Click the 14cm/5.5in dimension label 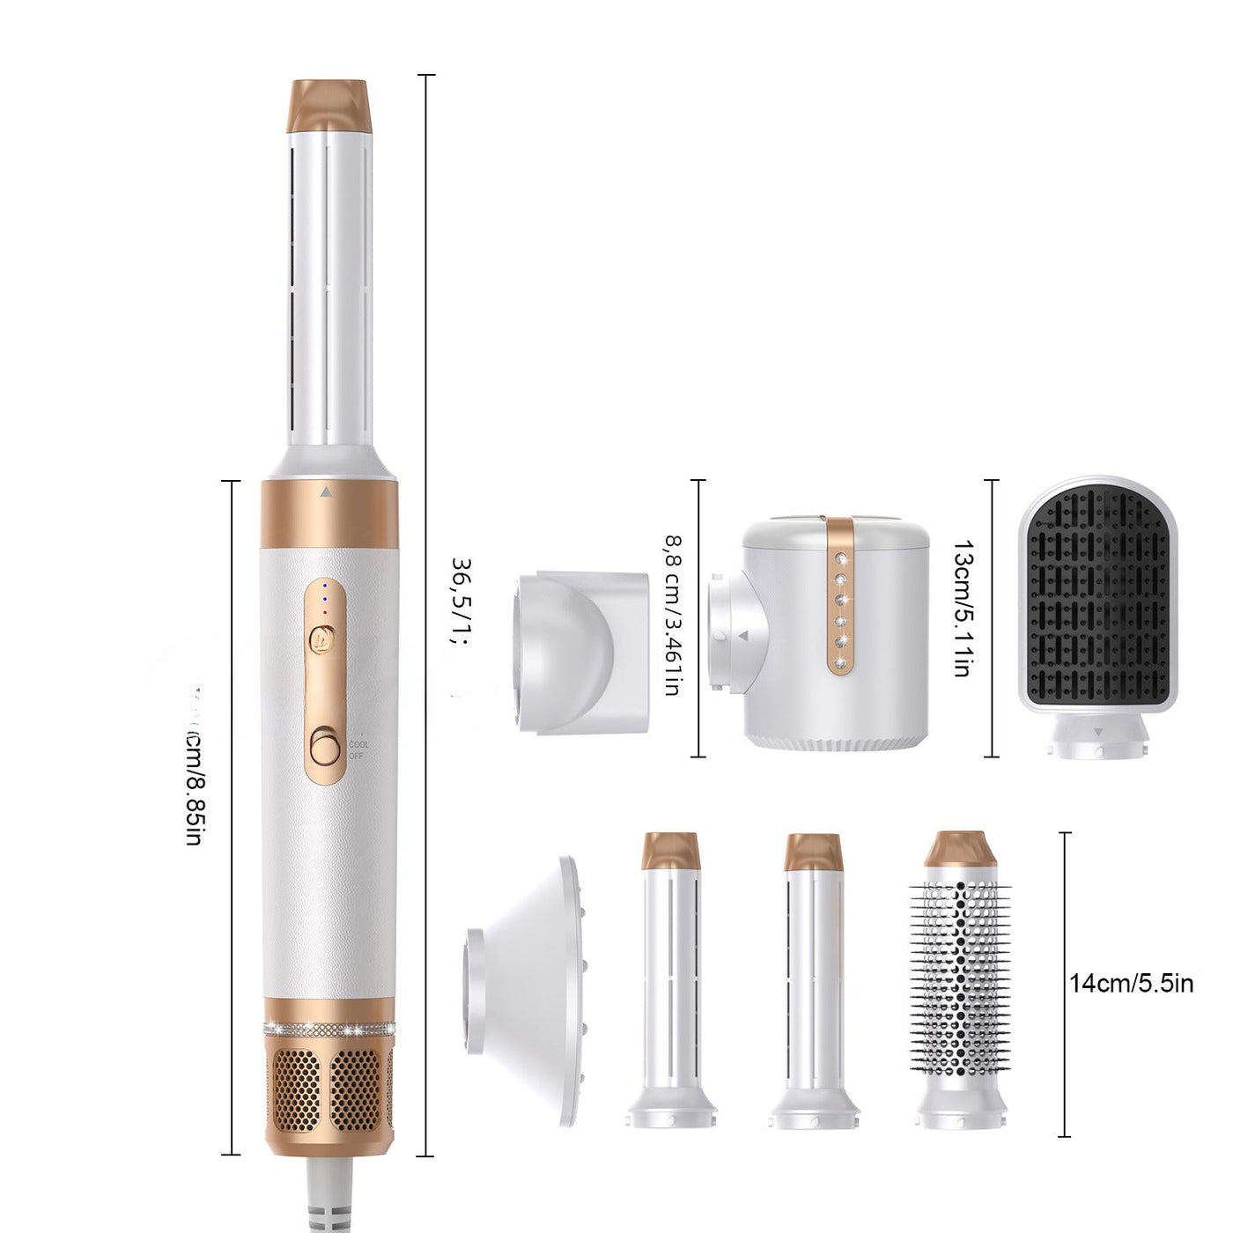click(x=1132, y=983)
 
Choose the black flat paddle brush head click(x=1097, y=599)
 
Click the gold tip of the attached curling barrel click(x=329, y=106)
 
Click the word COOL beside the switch click(x=358, y=745)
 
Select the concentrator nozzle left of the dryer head click(x=581, y=652)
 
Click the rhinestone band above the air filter click(x=329, y=1029)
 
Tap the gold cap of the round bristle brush click(x=960, y=849)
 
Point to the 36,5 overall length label click(x=461, y=600)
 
